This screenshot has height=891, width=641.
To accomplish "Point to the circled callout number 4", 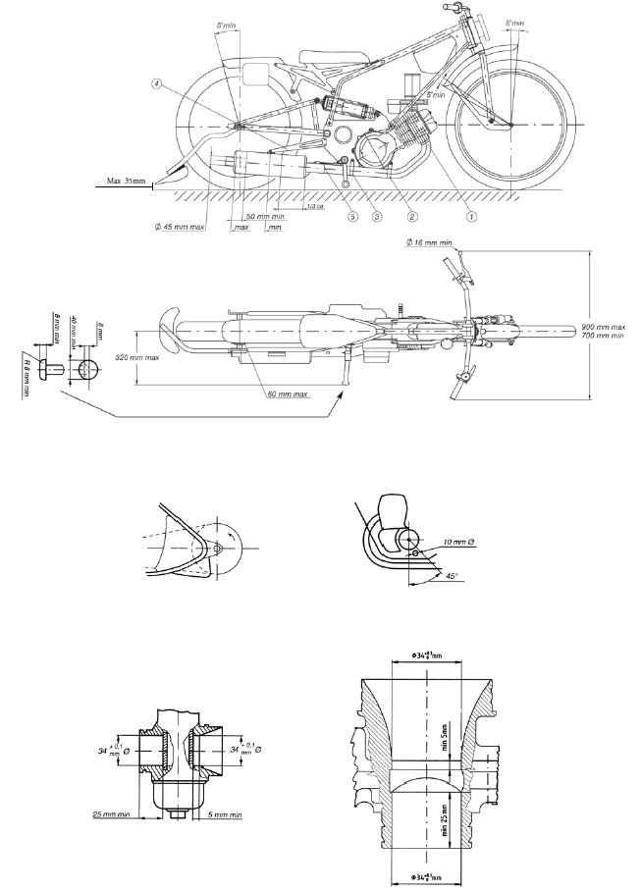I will tap(156, 84).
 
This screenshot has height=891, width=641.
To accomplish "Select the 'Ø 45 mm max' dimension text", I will tap(181, 228).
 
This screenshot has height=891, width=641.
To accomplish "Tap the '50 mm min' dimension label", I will tap(265, 216).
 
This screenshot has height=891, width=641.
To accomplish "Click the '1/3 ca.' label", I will tap(314, 206).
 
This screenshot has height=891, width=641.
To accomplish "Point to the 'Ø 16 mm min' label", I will tap(430, 241).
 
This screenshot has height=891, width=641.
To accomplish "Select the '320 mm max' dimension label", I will tap(137, 358).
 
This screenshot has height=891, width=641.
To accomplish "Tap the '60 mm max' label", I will tap(287, 394).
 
